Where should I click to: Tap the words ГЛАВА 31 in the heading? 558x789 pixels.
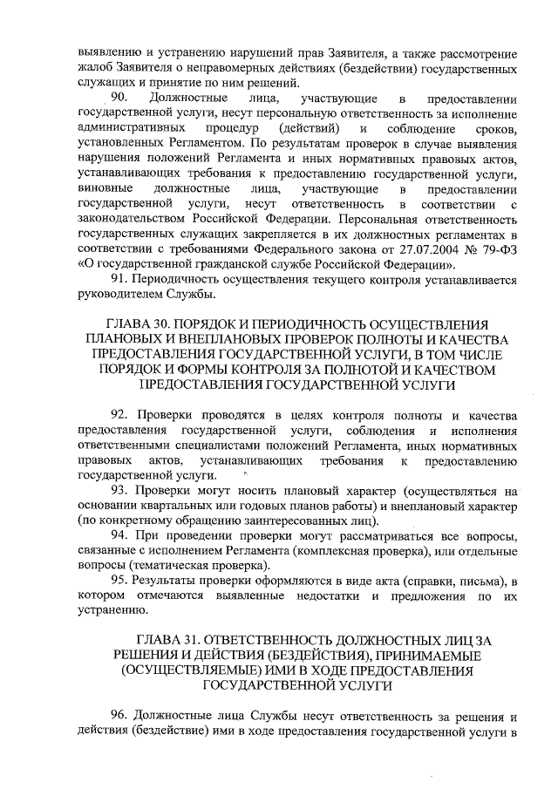[x=167, y=637]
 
